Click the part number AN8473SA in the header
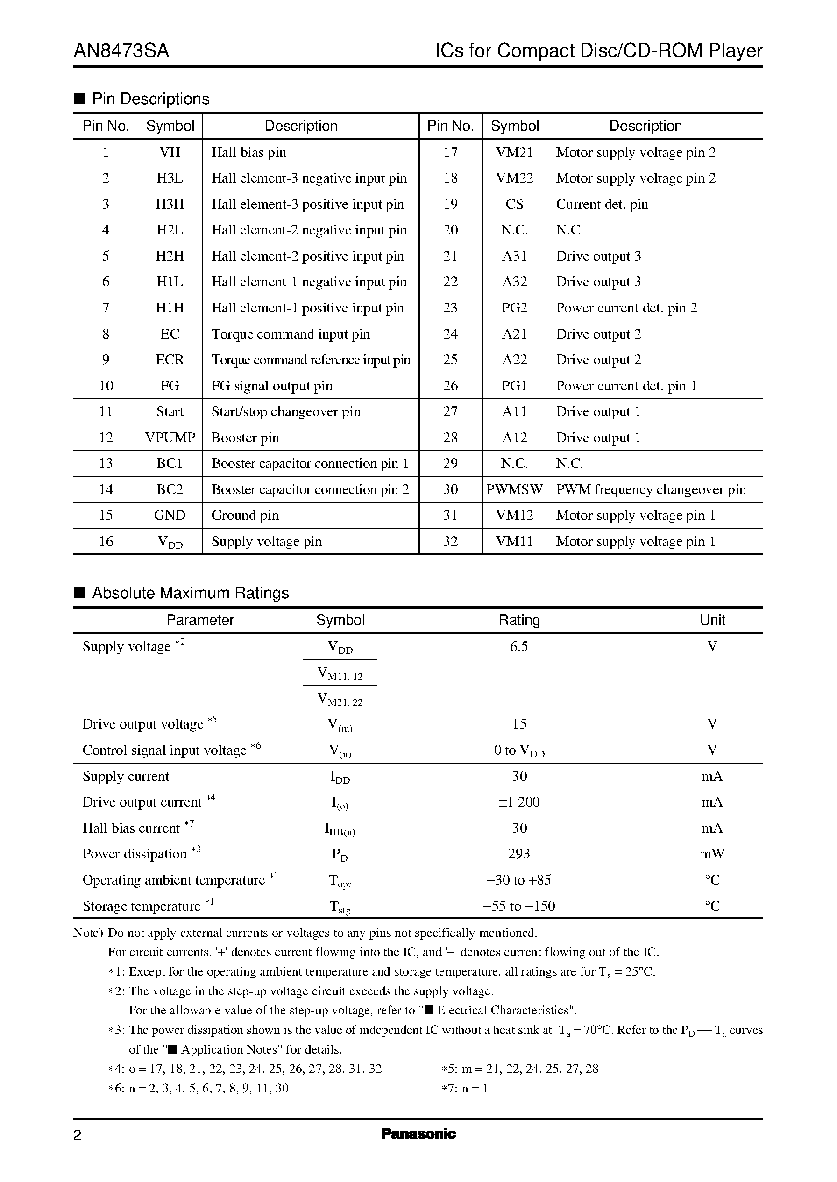[x=121, y=51]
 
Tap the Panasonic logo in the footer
[x=418, y=1133]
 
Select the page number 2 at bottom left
[x=78, y=1135]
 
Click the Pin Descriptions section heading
[x=150, y=99]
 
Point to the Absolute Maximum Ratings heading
[x=190, y=593]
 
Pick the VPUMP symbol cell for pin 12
[x=170, y=438]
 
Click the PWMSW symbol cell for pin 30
[x=514, y=489]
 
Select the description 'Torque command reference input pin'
[x=311, y=360]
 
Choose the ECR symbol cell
[x=170, y=360]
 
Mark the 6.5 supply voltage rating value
[x=519, y=646]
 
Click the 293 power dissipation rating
[x=519, y=854]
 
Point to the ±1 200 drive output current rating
[x=519, y=802]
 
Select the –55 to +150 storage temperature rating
[x=519, y=906]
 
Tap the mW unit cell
[x=712, y=854]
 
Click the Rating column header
[x=519, y=620]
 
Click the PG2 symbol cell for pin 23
[x=514, y=308]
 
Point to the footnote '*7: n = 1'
[x=465, y=1088]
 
